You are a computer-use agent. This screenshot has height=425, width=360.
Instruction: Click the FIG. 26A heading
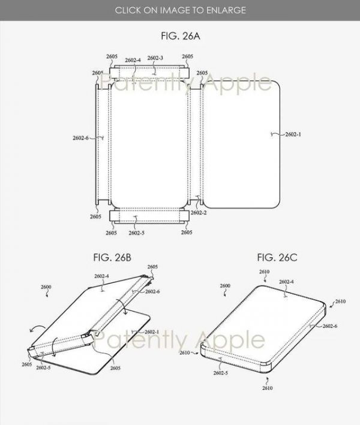[x=181, y=36]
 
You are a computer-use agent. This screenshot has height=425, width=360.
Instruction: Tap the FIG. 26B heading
[x=112, y=257]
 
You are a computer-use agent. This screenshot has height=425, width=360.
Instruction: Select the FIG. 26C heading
[x=277, y=257]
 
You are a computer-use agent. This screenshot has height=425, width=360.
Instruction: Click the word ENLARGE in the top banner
[x=226, y=10]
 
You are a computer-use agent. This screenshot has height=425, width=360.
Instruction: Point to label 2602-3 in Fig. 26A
[x=155, y=58]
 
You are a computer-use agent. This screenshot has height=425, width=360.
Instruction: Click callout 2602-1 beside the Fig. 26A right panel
[x=293, y=134]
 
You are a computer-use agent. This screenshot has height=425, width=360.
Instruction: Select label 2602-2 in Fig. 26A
[x=199, y=213]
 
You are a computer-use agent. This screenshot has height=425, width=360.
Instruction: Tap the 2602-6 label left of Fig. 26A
[x=80, y=138]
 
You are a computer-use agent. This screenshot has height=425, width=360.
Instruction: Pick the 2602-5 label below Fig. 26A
[x=136, y=233]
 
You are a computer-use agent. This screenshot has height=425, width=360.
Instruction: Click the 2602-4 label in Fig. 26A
[x=133, y=60]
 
